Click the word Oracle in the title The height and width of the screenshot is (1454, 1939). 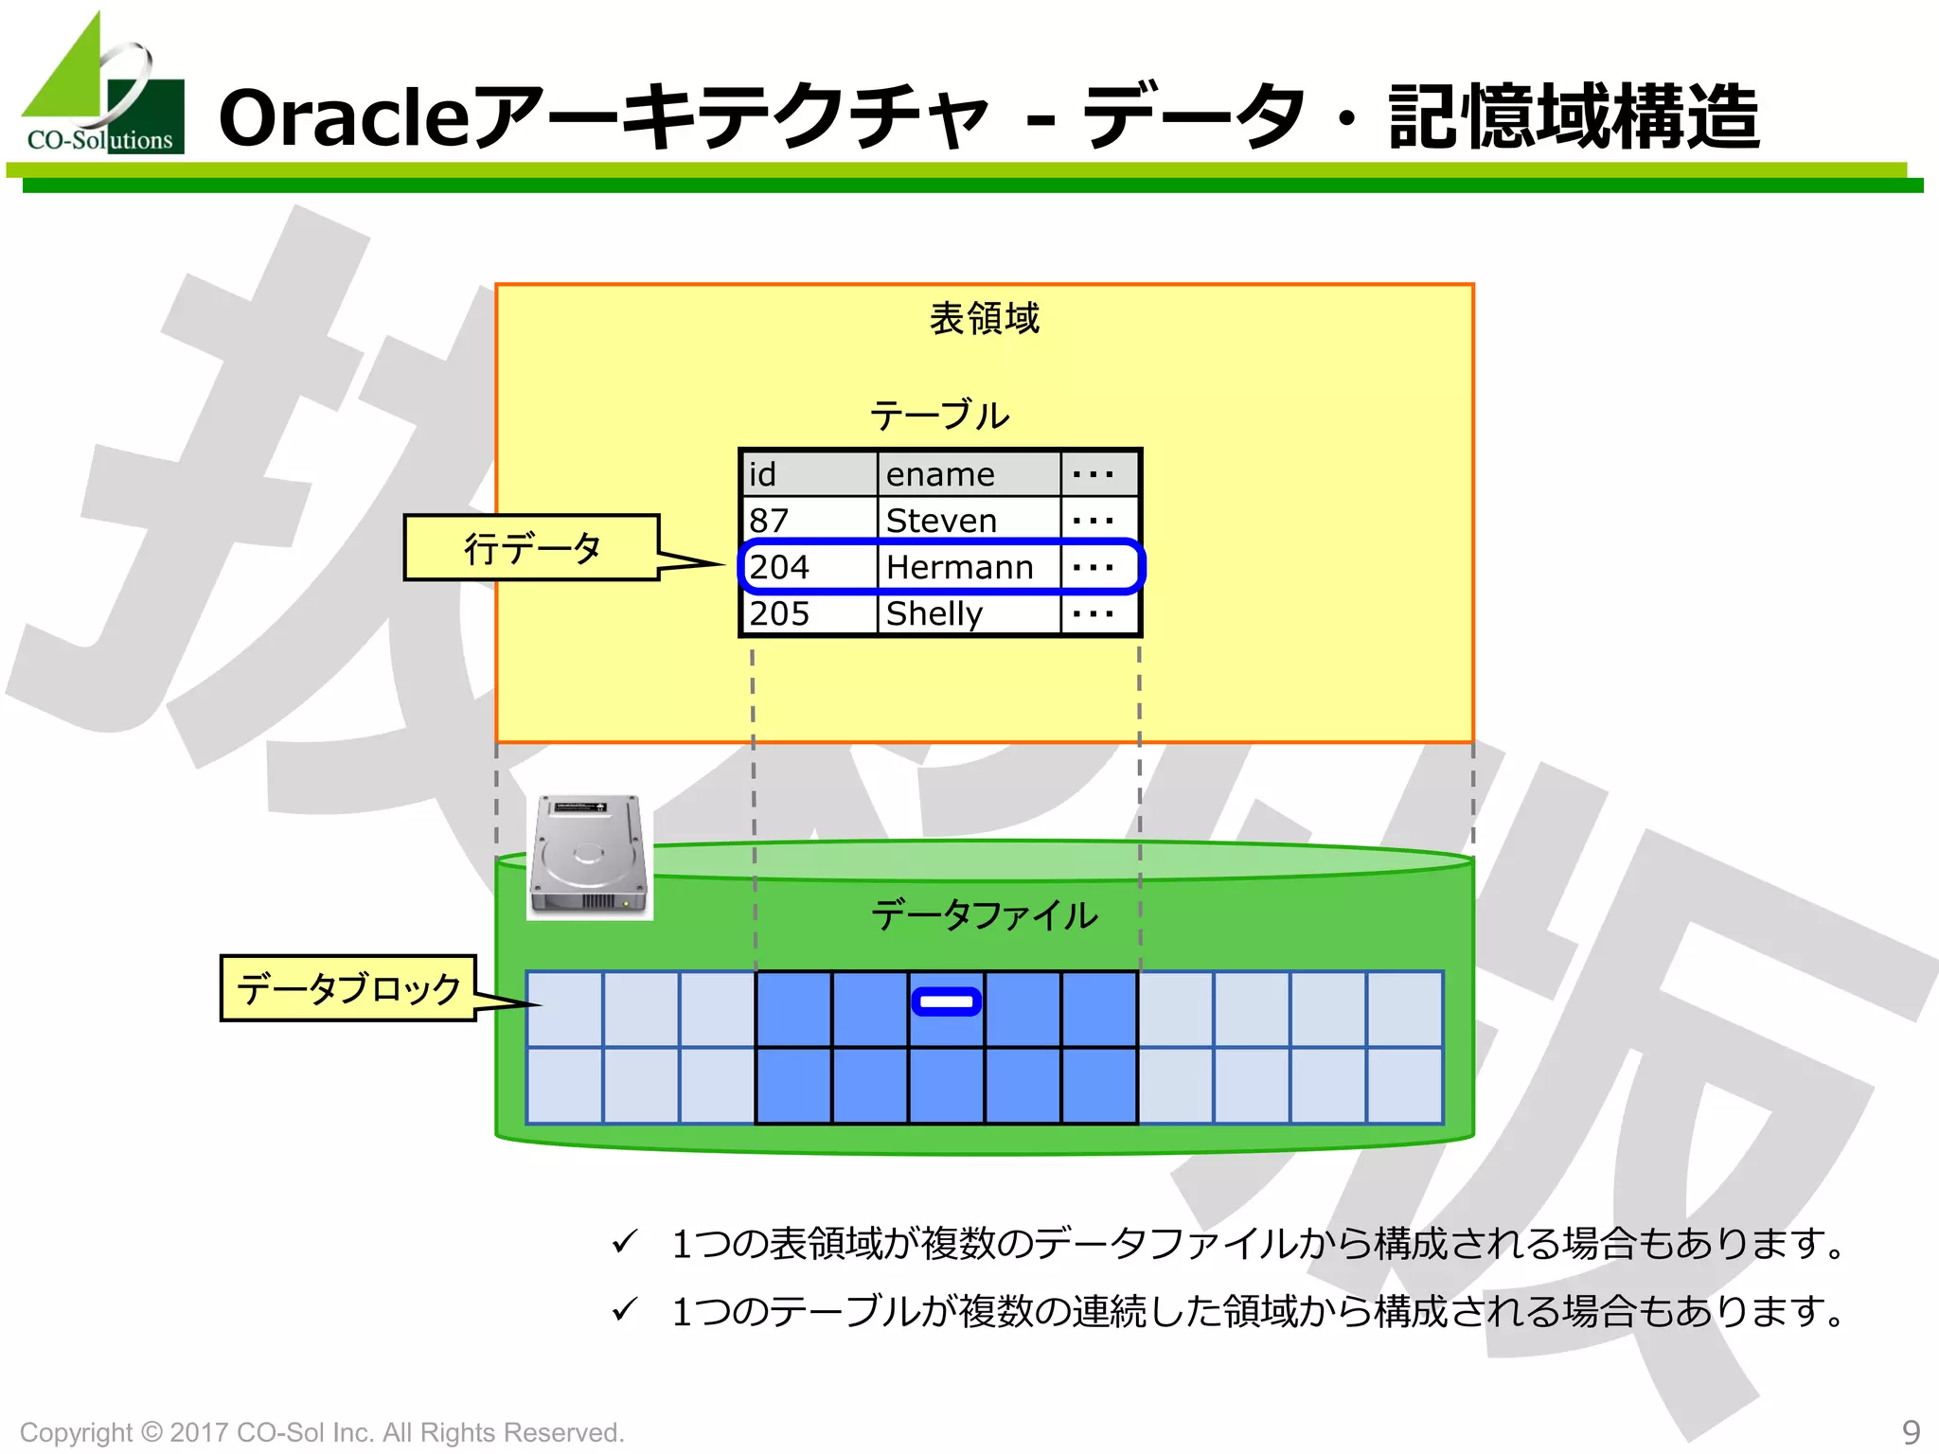pyautogui.click(x=343, y=117)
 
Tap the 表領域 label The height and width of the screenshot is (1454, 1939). pyautogui.click(x=984, y=318)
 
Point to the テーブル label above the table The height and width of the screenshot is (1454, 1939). pyautogui.click(x=939, y=415)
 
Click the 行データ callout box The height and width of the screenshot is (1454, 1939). pyautogui.click(x=531, y=547)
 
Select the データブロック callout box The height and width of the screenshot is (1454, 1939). pyautogui.click(x=347, y=987)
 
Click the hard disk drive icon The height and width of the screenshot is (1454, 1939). pyautogui.click(x=589, y=856)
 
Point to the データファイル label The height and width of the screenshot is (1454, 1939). pyautogui.click(x=984, y=914)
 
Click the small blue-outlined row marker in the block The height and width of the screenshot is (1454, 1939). pyautogui.click(x=946, y=1002)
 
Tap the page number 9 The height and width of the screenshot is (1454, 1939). pyautogui.click(x=1911, y=1430)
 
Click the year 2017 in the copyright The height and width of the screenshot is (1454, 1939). pyautogui.click(x=199, y=1432)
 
